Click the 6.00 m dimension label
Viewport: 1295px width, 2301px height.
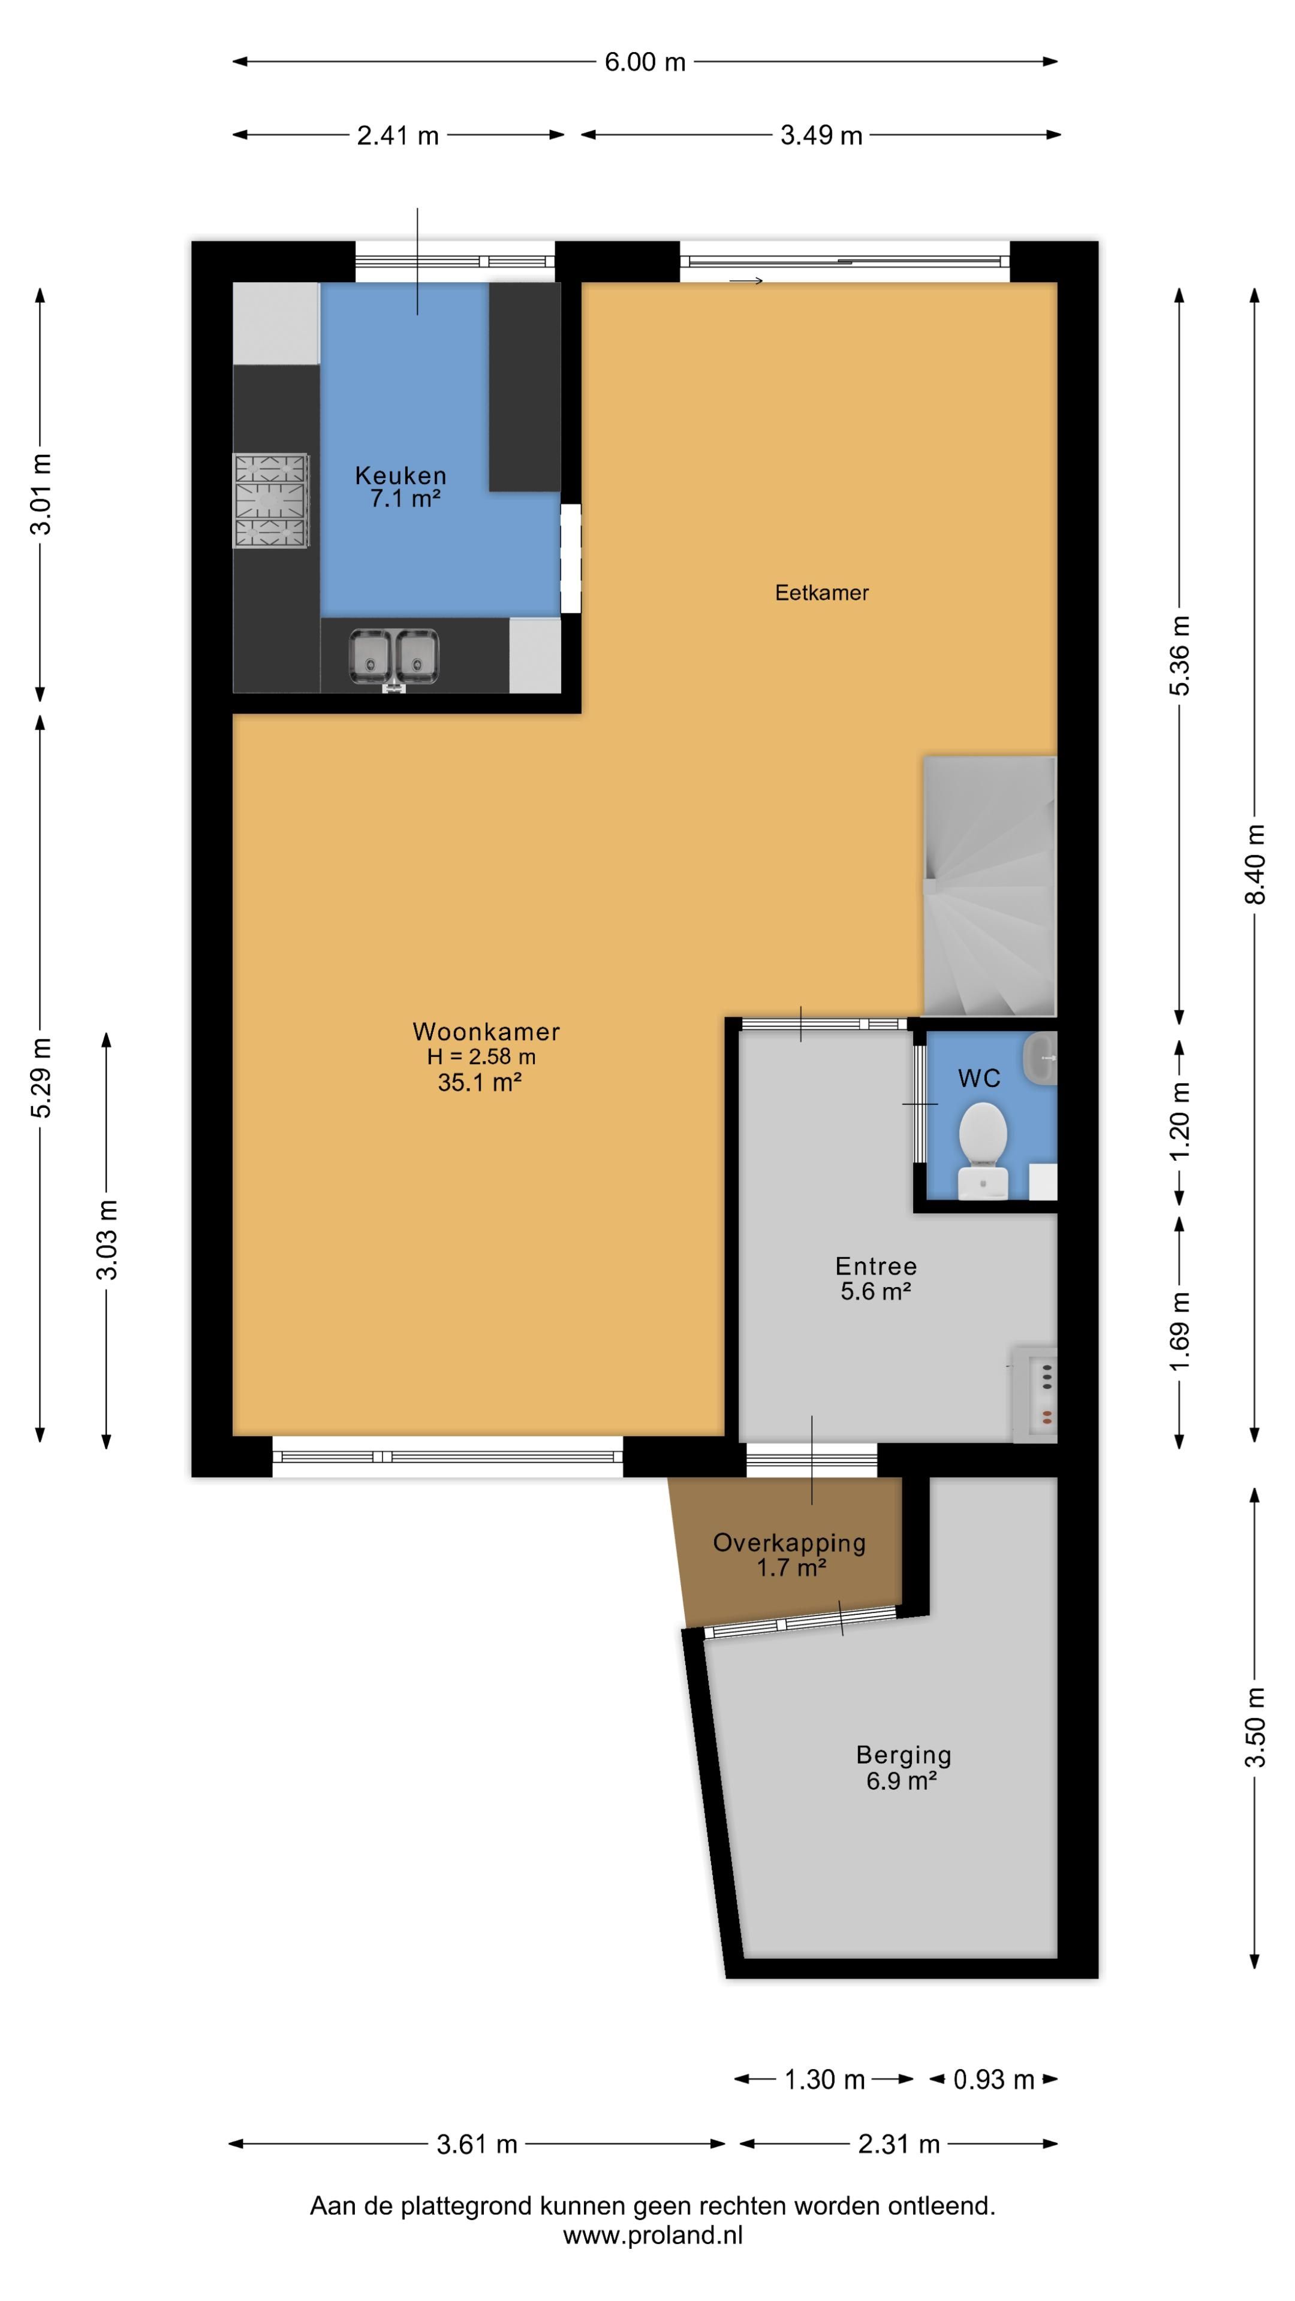coord(645,62)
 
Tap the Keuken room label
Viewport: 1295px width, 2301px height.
coord(400,475)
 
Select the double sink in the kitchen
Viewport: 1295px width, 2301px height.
coord(394,657)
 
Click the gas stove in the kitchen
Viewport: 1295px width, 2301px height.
coord(271,500)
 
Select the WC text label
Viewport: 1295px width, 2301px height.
coord(978,1079)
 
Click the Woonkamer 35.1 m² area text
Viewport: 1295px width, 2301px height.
coord(479,1083)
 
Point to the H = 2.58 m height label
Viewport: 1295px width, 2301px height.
coord(481,1056)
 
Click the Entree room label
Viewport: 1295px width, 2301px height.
coord(876,1266)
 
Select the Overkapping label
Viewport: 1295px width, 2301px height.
coord(789,1542)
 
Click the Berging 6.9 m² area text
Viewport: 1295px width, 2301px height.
coord(901,1781)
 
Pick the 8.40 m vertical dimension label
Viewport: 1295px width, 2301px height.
coord(1255,865)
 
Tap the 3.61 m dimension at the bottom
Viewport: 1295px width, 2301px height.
coord(477,2144)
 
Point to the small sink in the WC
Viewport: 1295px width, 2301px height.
coord(1041,1058)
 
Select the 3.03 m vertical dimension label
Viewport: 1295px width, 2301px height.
coord(107,1240)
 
